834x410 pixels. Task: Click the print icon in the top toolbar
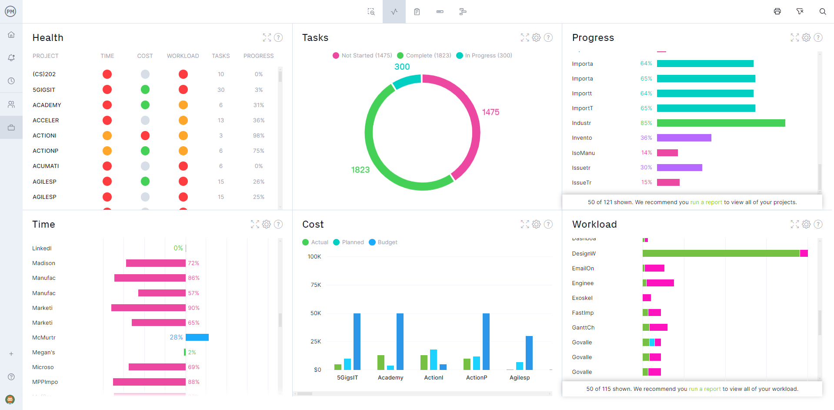pyautogui.click(x=777, y=11)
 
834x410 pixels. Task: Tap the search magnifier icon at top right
pyautogui.click(x=822, y=11)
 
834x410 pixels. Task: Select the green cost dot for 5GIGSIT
pyautogui.click(x=145, y=90)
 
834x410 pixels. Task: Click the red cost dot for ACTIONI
pyautogui.click(x=145, y=136)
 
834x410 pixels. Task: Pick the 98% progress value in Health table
pyautogui.click(x=258, y=136)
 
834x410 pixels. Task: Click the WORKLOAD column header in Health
pyautogui.click(x=183, y=56)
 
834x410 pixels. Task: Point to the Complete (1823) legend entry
pyautogui.click(x=424, y=56)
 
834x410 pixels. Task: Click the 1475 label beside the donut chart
pyautogui.click(x=490, y=112)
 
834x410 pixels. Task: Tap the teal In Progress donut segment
pyautogui.click(x=407, y=81)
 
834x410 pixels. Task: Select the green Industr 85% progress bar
pyautogui.click(x=721, y=123)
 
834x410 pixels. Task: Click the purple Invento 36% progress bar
pyautogui.click(x=684, y=138)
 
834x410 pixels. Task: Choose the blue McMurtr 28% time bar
pyautogui.click(x=197, y=337)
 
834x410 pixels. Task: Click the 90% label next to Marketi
pyautogui.click(x=193, y=308)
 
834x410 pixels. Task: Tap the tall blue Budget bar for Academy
pyautogui.click(x=400, y=341)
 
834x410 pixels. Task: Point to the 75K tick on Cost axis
pyautogui.click(x=316, y=285)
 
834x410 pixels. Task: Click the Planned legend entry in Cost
pyautogui.click(x=348, y=242)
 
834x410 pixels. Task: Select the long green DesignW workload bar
pyautogui.click(x=721, y=254)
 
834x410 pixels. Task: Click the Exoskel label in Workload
pyautogui.click(x=582, y=298)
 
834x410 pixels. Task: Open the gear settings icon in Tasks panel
pyautogui.click(x=536, y=38)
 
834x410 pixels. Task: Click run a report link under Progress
pyautogui.click(x=706, y=202)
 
